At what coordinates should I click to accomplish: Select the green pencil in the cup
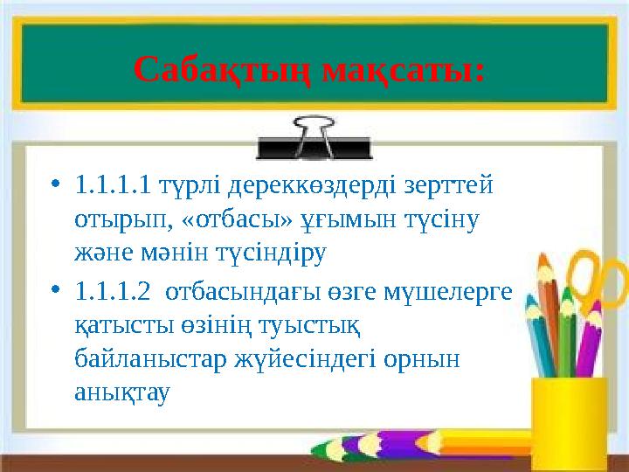(566, 337)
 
